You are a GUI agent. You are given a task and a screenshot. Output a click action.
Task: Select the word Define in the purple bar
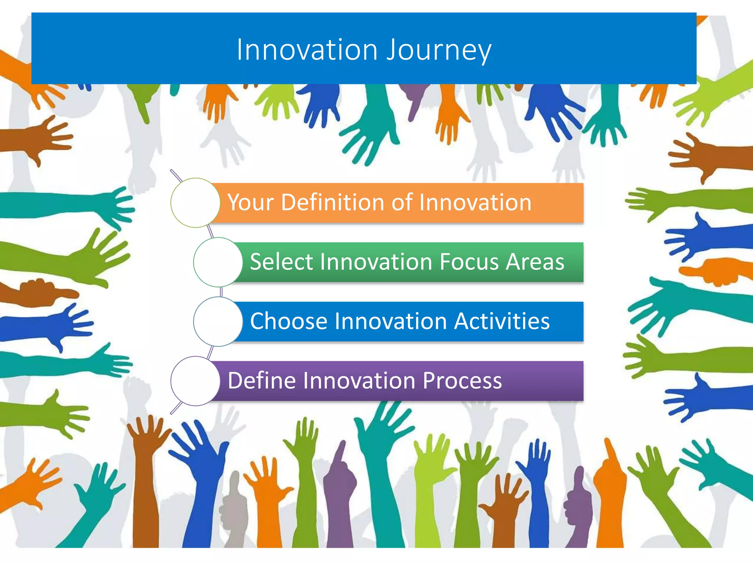[262, 380]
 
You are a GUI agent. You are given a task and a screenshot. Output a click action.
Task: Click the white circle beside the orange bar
[196, 203]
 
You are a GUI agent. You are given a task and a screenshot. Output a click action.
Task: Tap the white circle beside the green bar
[218, 262]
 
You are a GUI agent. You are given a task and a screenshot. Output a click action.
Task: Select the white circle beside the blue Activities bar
[218, 321]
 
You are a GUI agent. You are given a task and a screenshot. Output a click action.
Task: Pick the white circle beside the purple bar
[196, 381]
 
